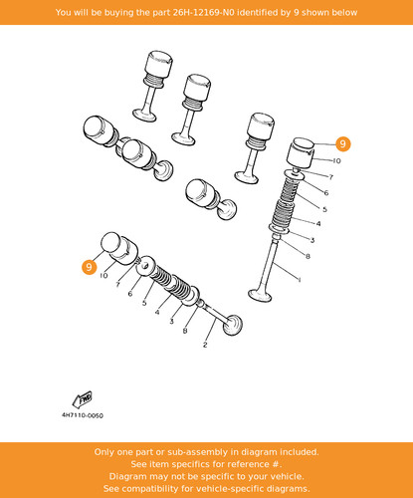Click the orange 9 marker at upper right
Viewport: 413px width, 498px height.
pyautogui.click(x=342, y=143)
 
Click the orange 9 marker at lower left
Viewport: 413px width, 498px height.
pyautogui.click(x=89, y=267)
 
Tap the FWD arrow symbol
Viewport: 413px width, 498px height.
pyautogui.click(x=83, y=399)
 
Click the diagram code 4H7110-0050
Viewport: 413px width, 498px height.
pyautogui.click(x=83, y=415)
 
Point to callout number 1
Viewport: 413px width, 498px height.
pyautogui.click(x=300, y=280)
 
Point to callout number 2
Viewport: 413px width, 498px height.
pyautogui.click(x=205, y=345)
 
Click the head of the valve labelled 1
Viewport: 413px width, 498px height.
pyautogui.click(x=260, y=295)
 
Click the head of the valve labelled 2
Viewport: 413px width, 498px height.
pyautogui.click(x=233, y=325)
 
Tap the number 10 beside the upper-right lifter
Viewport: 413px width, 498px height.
pyautogui.click(x=336, y=160)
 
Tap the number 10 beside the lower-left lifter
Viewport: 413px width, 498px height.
pyautogui.click(x=103, y=275)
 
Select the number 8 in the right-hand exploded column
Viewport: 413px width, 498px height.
pyautogui.click(x=308, y=256)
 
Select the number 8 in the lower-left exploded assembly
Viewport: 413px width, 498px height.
pyautogui.click(x=185, y=331)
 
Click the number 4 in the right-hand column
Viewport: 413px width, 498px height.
pyautogui.click(x=318, y=223)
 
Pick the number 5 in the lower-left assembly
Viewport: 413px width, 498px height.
pyautogui.click(x=144, y=303)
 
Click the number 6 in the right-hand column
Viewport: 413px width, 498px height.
pyautogui.click(x=326, y=192)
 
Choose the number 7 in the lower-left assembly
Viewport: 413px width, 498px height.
pyautogui.click(x=117, y=285)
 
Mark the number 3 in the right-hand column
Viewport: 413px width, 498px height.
pyautogui.click(x=312, y=240)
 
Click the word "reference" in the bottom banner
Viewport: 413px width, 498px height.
pyautogui.click(x=245, y=464)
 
